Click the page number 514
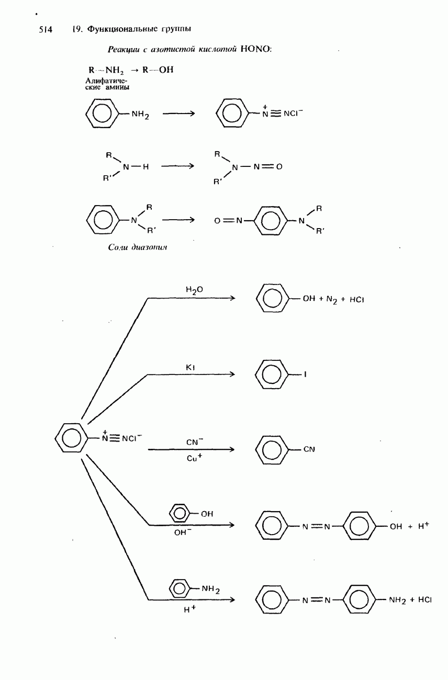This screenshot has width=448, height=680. pyautogui.click(x=46, y=30)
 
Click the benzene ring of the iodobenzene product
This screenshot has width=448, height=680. pyautogui.click(x=272, y=375)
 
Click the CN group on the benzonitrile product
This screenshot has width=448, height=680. pyautogui.click(x=308, y=449)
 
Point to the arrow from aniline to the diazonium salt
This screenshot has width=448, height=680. pyautogui.click(x=178, y=114)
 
